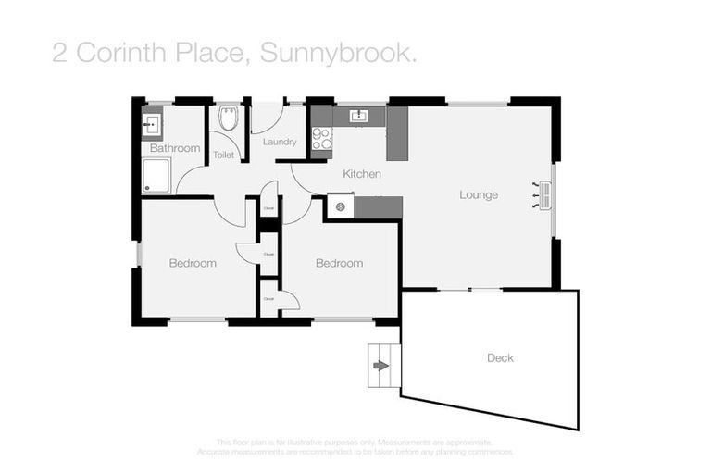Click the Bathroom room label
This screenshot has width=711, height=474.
175,148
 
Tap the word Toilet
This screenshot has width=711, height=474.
223,156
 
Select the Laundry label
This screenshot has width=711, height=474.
279,142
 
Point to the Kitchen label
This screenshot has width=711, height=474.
361,174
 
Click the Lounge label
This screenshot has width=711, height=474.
479,195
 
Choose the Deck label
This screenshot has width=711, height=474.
500,357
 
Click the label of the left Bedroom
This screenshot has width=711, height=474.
193,263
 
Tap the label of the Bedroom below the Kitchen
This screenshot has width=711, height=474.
339,263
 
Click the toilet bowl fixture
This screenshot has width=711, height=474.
229,118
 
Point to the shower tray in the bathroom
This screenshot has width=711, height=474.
156,175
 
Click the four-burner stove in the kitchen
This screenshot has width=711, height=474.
321,139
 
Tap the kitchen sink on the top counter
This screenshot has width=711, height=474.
360,116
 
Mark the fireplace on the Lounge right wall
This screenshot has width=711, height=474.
543,195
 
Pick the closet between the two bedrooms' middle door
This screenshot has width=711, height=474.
268,253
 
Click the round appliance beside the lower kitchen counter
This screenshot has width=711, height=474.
340,207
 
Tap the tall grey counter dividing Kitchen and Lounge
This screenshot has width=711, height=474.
397,133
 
